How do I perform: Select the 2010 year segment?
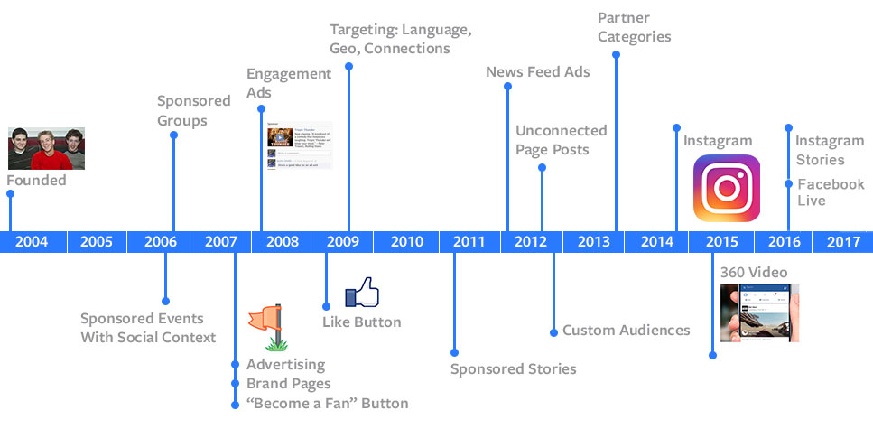[406, 241]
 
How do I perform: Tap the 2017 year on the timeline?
[842, 241]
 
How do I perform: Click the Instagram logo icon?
[726, 188]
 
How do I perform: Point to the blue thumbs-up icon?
[362, 294]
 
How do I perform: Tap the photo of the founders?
[46, 148]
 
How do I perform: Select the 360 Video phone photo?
[759, 312]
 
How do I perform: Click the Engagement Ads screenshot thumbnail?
[300, 145]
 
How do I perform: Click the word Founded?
[36, 181]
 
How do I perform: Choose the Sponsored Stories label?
[513, 368]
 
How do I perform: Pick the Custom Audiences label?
[626, 331]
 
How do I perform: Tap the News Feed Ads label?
[537, 71]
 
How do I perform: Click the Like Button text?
[361, 322]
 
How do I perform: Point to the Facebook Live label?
[830, 191]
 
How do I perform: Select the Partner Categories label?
[635, 27]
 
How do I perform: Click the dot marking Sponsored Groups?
[173, 135]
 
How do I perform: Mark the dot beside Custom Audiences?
[553, 331]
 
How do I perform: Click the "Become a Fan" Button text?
[327, 403]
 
